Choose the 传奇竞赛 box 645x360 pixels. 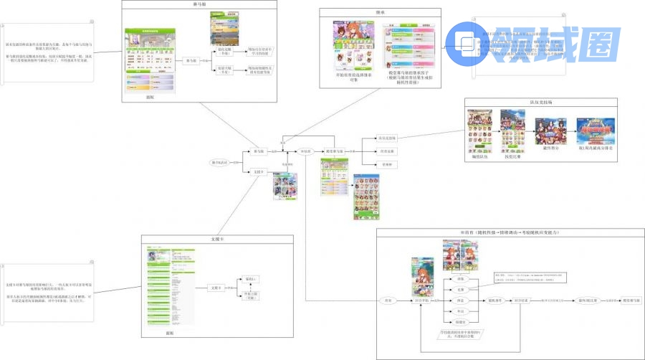386,151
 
